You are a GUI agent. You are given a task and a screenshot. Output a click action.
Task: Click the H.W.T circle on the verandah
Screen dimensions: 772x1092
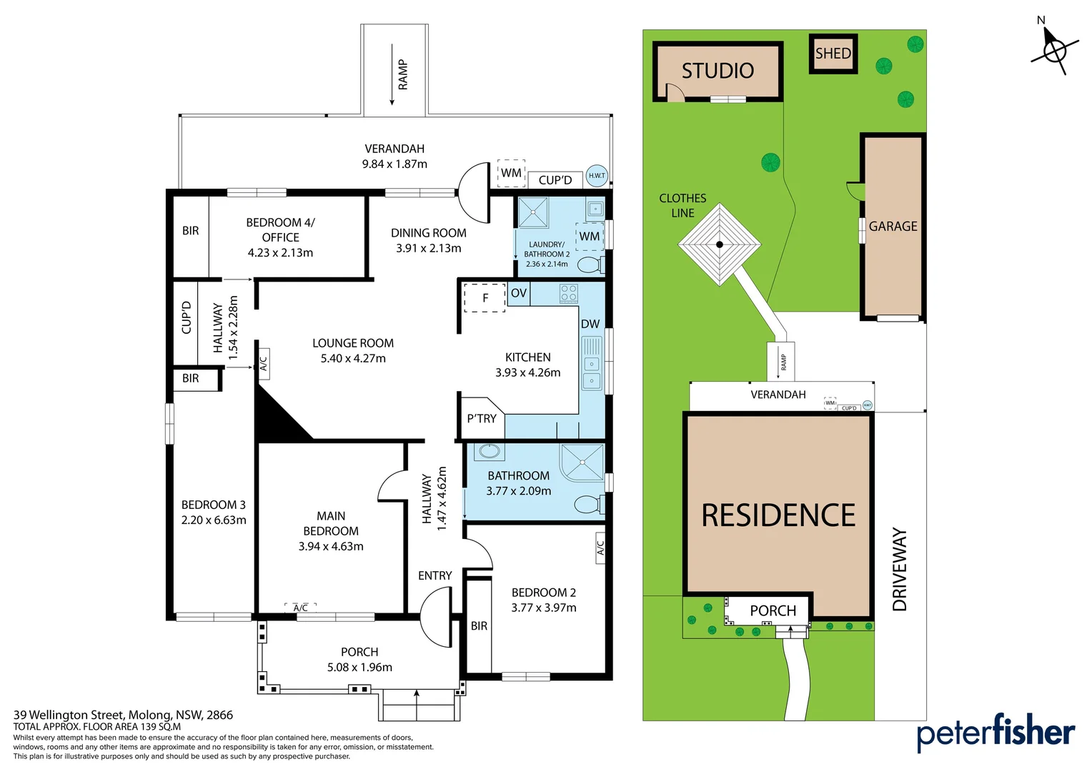pyautogui.click(x=597, y=175)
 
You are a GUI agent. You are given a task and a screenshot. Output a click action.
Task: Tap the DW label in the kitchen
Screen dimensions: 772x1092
pyautogui.click(x=590, y=324)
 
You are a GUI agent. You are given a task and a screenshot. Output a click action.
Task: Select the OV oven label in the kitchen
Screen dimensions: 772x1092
pyautogui.click(x=519, y=293)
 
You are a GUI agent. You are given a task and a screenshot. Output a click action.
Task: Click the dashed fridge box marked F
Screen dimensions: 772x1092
pyautogui.click(x=485, y=298)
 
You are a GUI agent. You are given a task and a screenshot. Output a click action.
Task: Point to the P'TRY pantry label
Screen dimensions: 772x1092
pyautogui.click(x=482, y=419)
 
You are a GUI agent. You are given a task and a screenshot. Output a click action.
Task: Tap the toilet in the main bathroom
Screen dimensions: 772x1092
pyautogui.click(x=589, y=505)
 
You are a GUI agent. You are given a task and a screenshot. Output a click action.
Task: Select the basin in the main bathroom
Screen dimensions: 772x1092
pyautogui.click(x=490, y=451)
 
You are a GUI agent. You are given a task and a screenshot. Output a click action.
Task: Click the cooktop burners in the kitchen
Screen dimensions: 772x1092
pyautogui.click(x=569, y=293)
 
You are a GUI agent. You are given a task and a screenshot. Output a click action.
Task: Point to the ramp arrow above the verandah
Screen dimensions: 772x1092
pyautogui.click(x=392, y=75)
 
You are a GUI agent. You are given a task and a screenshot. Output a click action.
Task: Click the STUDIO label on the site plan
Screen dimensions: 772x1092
pyautogui.click(x=718, y=71)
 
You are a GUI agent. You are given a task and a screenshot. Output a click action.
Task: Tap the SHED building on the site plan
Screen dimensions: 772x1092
pyautogui.click(x=833, y=54)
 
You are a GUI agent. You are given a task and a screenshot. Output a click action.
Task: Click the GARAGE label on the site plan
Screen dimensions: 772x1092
pyautogui.click(x=893, y=227)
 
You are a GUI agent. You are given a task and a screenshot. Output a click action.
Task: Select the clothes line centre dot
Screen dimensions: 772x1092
pyautogui.click(x=720, y=244)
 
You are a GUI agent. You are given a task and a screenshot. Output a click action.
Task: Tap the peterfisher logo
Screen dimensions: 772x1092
pyautogui.click(x=995, y=732)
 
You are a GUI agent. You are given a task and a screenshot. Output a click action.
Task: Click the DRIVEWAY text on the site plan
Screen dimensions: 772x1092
pyautogui.click(x=900, y=570)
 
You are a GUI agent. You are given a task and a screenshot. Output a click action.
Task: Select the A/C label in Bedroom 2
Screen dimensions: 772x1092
pyautogui.click(x=600, y=548)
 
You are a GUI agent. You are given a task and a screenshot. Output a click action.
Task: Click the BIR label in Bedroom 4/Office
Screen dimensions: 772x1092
pyautogui.click(x=191, y=231)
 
